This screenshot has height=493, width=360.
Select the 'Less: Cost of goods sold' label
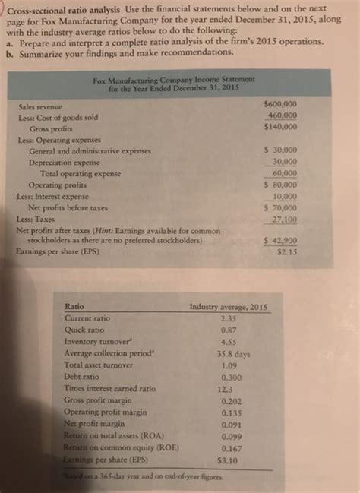pos(59,118)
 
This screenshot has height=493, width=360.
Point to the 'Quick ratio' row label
pos(84,330)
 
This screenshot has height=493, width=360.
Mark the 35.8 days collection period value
pos(229,354)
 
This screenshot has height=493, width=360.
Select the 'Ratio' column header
pos(75,307)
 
